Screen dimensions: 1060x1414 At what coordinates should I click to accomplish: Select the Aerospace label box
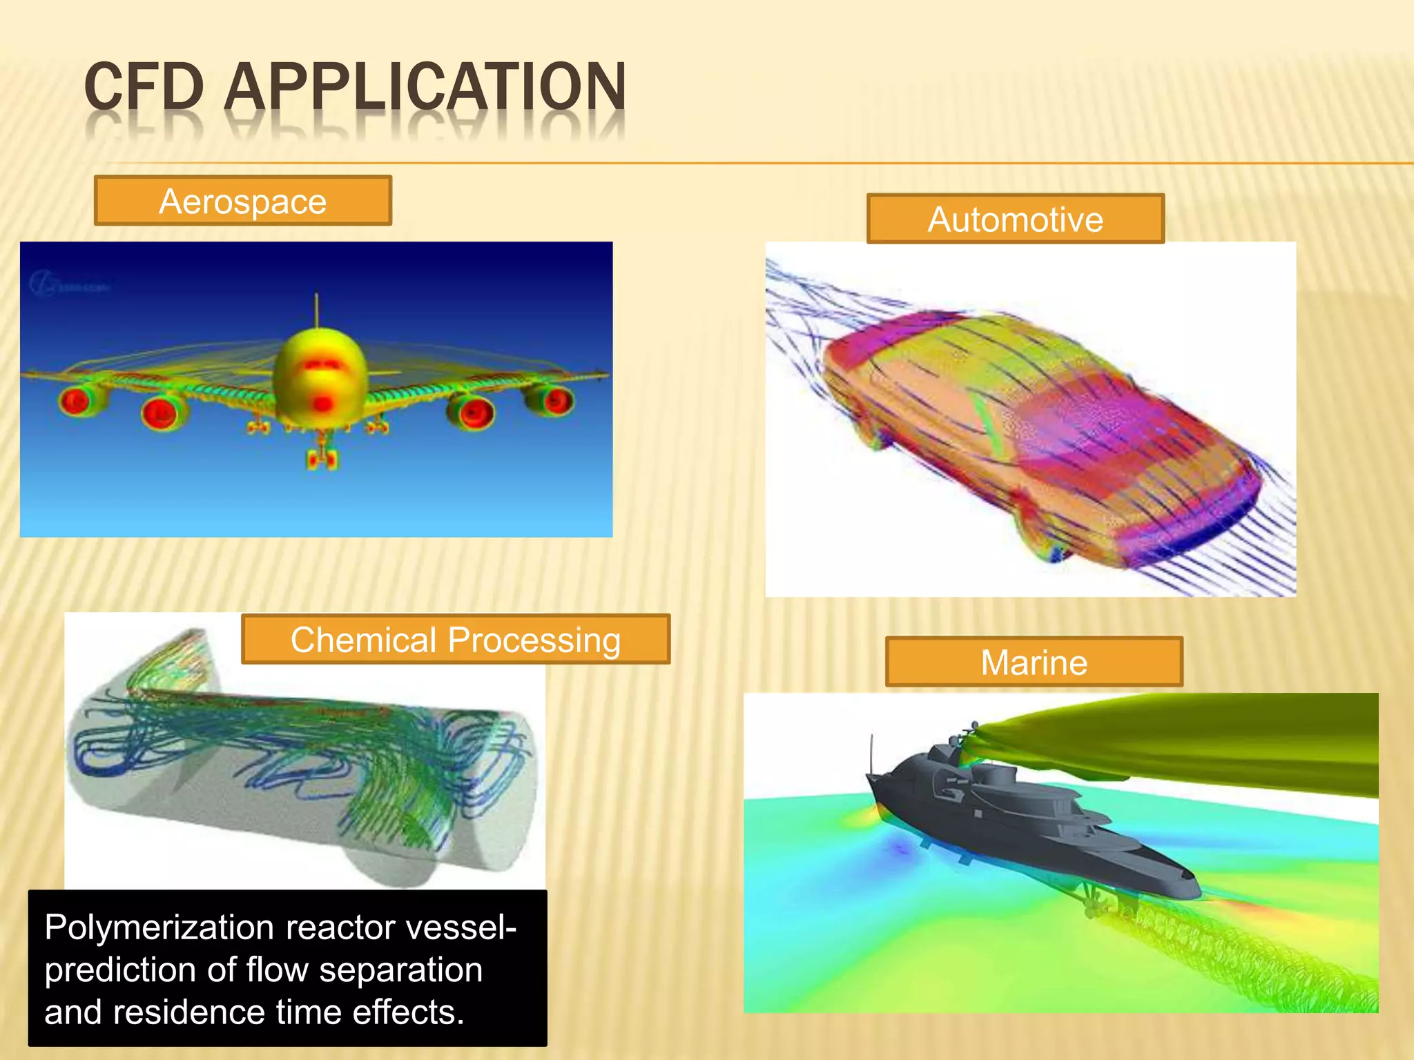tap(243, 201)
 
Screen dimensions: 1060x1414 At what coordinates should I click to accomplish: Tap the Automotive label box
tap(1015, 219)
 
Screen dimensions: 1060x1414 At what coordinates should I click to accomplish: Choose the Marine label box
tap(1034, 662)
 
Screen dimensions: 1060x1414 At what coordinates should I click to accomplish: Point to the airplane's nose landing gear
tap(322, 455)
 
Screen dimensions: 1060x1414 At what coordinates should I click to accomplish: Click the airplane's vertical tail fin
tap(317, 310)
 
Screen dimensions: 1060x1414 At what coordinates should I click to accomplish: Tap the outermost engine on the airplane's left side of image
tap(76, 400)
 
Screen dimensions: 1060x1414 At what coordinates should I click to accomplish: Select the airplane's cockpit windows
tap(319, 364)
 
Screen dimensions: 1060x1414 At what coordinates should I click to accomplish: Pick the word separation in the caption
tap(400, 970)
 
